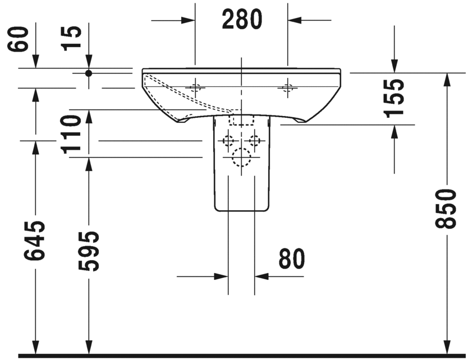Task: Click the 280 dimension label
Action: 241,20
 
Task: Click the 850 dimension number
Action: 447,209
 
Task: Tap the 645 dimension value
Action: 35,241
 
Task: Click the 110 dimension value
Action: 71,133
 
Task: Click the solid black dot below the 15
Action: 88,73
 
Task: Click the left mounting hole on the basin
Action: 195,87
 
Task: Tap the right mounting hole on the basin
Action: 288,87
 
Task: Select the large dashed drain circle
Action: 241,158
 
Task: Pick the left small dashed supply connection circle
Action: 228,140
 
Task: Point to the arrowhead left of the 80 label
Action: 221,276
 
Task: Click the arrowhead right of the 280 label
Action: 295,20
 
